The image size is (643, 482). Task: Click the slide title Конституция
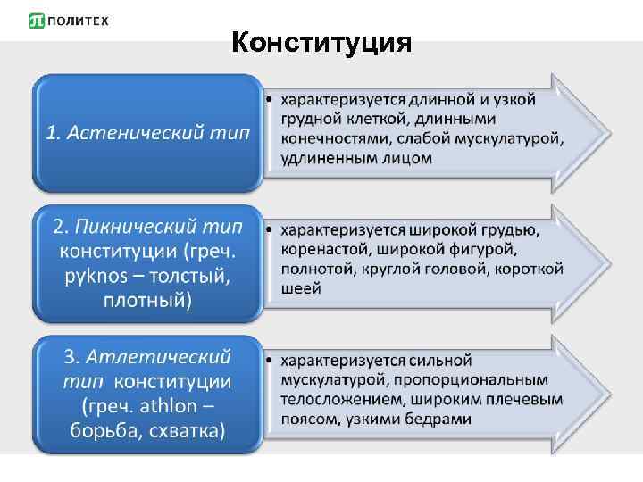(x=321, y=42)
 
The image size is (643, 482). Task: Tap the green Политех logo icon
(x=38, y=21)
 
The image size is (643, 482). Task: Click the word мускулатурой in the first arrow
(x=505, y=138)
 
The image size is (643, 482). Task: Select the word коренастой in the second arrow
(x=324, y=249)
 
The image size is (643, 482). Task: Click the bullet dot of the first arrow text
(x=271, y=97)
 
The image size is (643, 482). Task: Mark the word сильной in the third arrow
(x=438, y=361)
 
